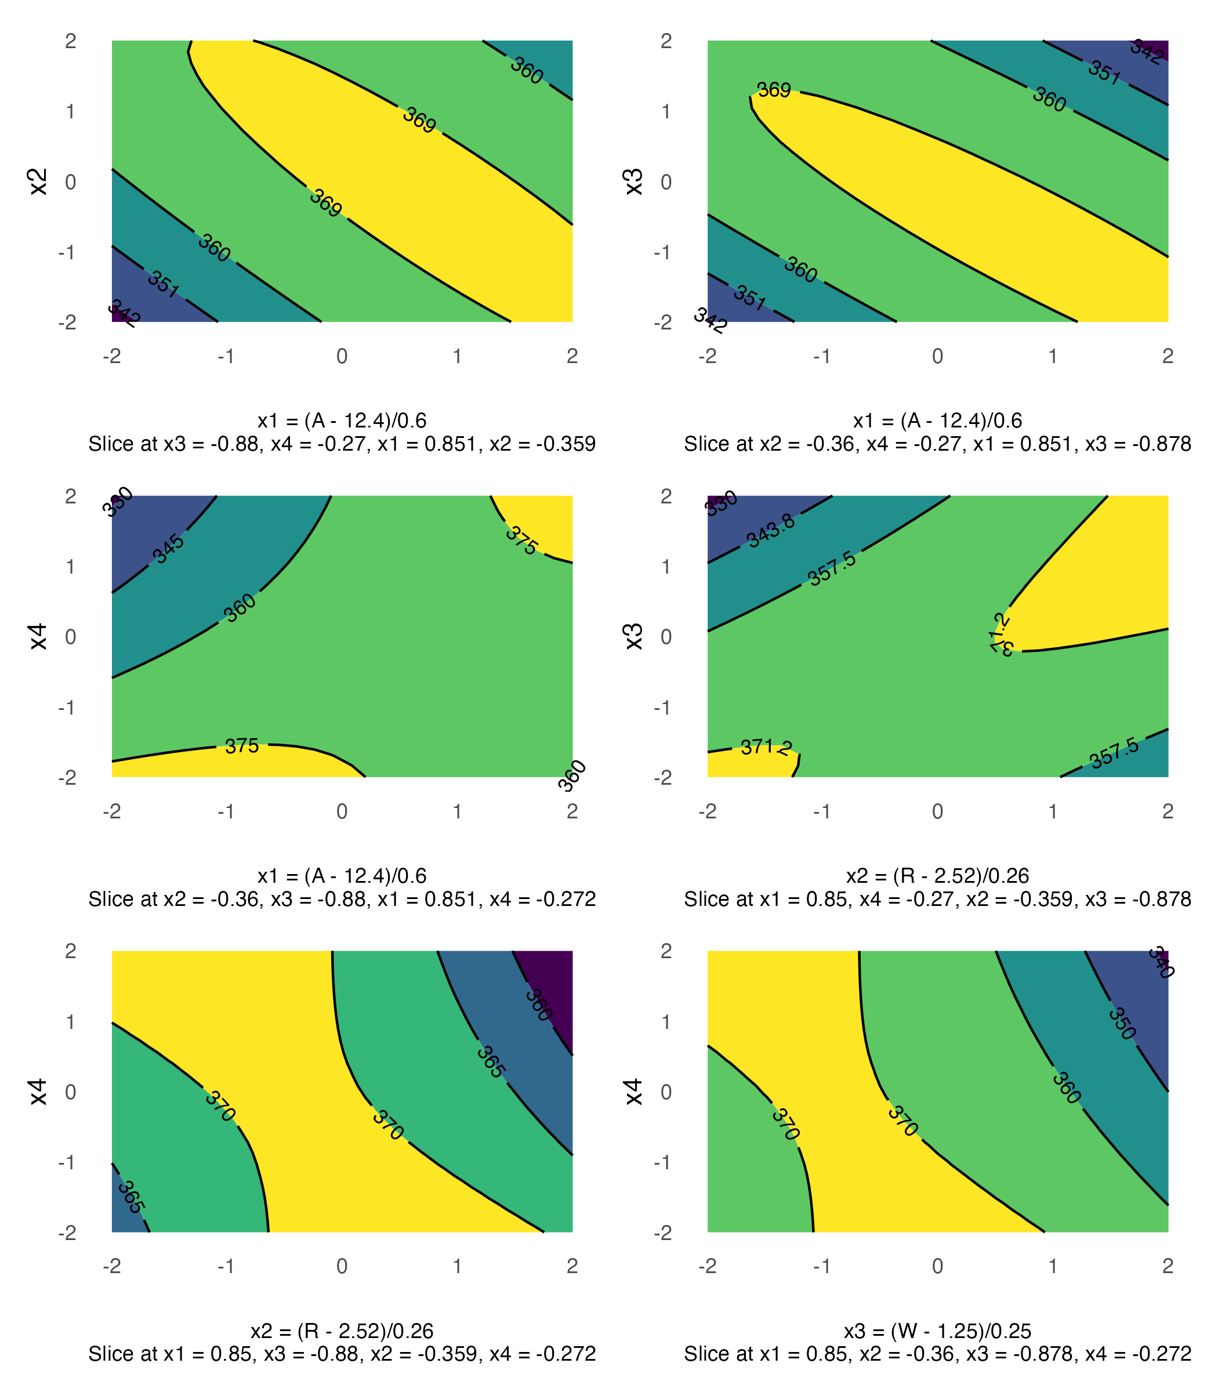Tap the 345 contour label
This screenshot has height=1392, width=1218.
coord(169,549)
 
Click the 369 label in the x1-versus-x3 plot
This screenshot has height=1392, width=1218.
coord(774,90)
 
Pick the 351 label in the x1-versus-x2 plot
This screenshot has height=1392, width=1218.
coord(164,284)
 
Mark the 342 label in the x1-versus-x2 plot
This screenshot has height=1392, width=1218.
coord(124,313)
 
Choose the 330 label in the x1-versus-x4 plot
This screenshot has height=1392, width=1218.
coord(118,502)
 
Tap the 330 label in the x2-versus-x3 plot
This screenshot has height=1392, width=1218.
coord(721,503)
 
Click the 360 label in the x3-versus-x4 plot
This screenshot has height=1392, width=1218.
coord(1067,1088)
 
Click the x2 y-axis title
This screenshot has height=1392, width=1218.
coord(39,182)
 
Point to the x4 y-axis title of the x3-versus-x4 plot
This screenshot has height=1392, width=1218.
coord(633,1091)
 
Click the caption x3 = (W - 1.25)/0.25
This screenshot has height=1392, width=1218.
coord(937,1331)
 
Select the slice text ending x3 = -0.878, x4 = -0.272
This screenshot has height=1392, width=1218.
coord(937,1354)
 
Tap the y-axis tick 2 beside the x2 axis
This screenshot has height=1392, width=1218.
coord(71,41)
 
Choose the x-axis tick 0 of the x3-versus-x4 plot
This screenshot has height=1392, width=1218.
coord(937,1266)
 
